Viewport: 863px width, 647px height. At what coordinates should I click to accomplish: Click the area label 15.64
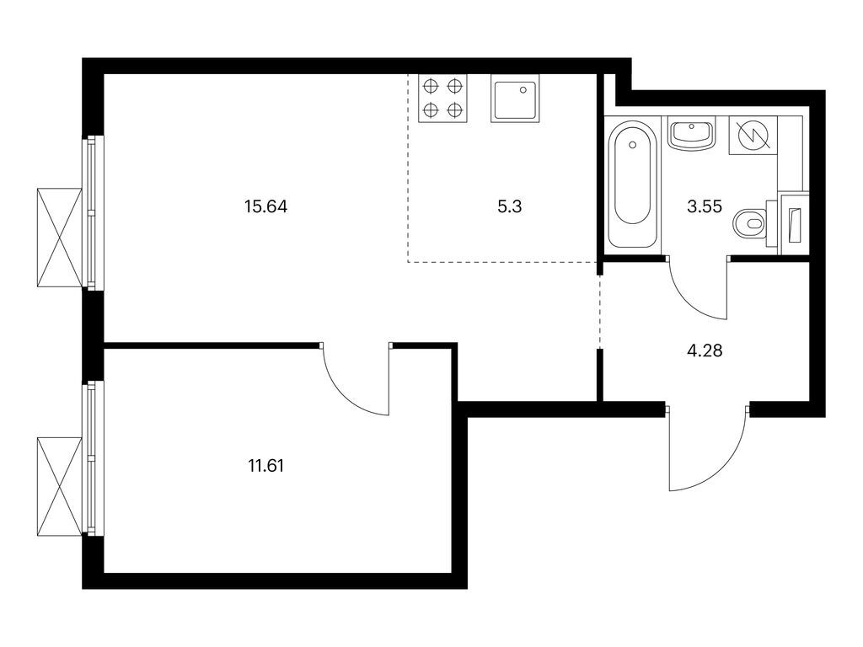pos(265,207)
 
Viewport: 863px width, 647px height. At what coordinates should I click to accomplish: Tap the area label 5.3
pos(509,207)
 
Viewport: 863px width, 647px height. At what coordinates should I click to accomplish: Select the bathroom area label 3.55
pos(705,206)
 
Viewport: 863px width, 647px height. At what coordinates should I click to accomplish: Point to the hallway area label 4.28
pos(705,350)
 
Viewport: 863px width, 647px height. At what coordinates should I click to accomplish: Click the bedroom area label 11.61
pos(265,466)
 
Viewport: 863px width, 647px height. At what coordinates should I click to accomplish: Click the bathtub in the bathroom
pos(633,184)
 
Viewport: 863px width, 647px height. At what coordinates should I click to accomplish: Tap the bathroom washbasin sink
pos(691,132)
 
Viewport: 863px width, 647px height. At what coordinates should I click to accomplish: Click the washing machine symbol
pos(753,136)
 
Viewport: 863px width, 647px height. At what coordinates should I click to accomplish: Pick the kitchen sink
pos(515,98)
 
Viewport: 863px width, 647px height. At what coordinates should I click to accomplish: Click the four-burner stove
pos(442,98)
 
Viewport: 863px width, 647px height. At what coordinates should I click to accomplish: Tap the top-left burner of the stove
pos(431,86)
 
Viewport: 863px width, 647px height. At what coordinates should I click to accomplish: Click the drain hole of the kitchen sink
pos(524,89)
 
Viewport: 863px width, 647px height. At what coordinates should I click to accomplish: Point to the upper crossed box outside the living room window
pos(60,238)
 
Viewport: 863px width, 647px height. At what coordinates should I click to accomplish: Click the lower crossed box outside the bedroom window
pos(60,486)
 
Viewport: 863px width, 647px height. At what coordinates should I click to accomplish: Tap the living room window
pos(93,212)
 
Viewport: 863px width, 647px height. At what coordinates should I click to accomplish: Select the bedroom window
pos(93,458)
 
